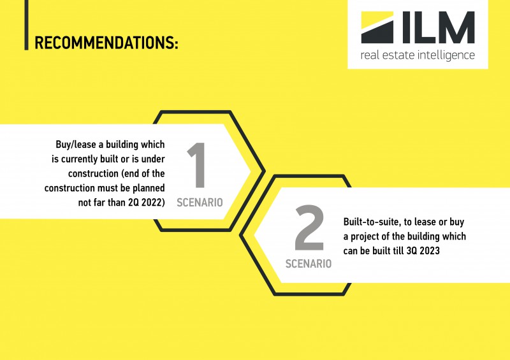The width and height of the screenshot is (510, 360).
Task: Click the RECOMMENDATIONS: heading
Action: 106,43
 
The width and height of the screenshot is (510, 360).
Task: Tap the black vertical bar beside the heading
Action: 26,25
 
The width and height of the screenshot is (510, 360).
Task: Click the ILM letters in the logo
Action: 439,27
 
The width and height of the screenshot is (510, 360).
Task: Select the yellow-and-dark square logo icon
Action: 377,27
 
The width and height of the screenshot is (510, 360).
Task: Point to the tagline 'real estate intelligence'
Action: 418,55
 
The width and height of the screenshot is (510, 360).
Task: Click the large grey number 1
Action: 196,165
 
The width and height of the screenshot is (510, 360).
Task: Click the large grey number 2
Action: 309,227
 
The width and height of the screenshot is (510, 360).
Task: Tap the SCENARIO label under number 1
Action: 200,203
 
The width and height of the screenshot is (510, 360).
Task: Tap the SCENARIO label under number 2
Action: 309,263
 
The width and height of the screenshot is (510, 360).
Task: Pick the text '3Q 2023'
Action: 423,251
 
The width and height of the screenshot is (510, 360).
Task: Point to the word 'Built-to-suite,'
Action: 372,222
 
